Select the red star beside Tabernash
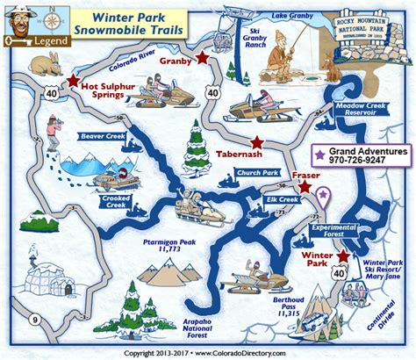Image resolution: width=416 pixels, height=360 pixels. pos(256,142)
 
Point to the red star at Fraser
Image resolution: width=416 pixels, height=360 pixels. pos(304,186)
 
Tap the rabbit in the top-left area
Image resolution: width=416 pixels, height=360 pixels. pos(41,64)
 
